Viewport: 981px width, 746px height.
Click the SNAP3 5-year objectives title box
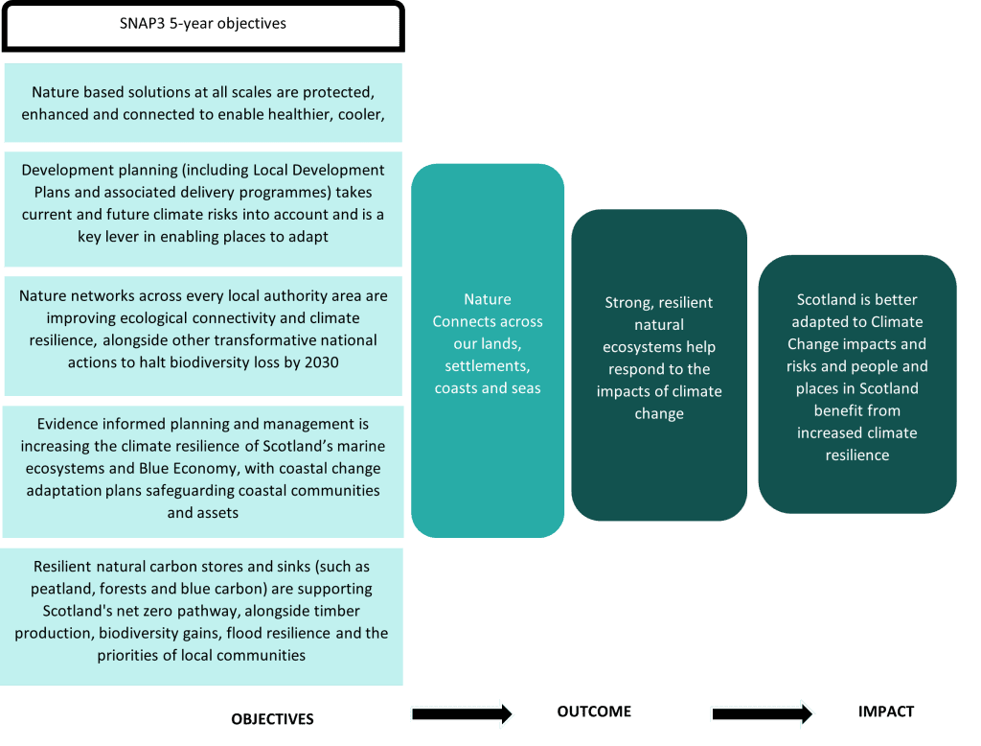203,25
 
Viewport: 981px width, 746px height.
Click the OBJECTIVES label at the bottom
272,719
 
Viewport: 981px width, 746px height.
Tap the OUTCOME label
594,711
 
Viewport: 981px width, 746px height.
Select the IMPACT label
886,711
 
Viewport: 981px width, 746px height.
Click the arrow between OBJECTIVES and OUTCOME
462,713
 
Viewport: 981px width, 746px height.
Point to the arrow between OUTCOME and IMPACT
762,713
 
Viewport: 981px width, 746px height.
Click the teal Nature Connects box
488,351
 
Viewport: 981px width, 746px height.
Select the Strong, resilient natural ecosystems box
659,364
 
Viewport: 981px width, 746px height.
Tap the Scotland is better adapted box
857,384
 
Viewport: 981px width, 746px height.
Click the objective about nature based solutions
203,103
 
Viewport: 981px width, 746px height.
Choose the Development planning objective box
203,209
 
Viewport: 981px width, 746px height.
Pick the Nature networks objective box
203,336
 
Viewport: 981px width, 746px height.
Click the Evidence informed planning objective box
203,472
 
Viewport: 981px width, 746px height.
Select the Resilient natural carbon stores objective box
201,617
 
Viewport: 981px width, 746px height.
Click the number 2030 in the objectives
321,362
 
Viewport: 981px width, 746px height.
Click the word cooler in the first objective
361,115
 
